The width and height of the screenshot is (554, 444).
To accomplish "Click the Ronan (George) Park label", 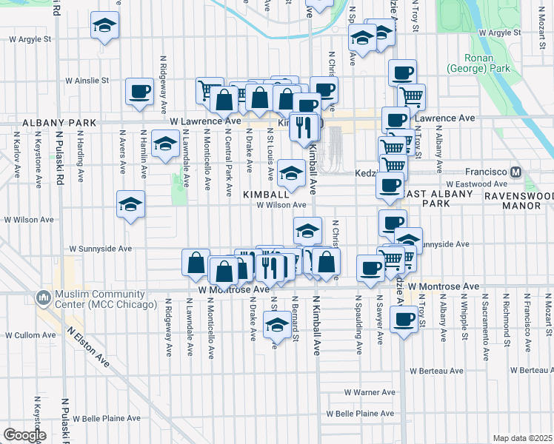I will point(488,63).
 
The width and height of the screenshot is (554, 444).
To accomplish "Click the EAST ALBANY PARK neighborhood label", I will point(435,198).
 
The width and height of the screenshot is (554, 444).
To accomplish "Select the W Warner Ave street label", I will point(370,393).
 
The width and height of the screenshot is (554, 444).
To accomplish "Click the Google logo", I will point(24,435).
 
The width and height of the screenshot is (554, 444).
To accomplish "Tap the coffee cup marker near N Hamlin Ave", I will point(139,92).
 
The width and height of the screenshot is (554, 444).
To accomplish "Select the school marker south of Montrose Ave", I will point(277,325).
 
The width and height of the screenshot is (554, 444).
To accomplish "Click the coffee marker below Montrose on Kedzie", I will point(404,320).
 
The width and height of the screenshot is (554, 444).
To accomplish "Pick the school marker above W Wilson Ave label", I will point(292,174).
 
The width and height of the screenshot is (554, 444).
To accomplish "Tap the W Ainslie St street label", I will point(87,80).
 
